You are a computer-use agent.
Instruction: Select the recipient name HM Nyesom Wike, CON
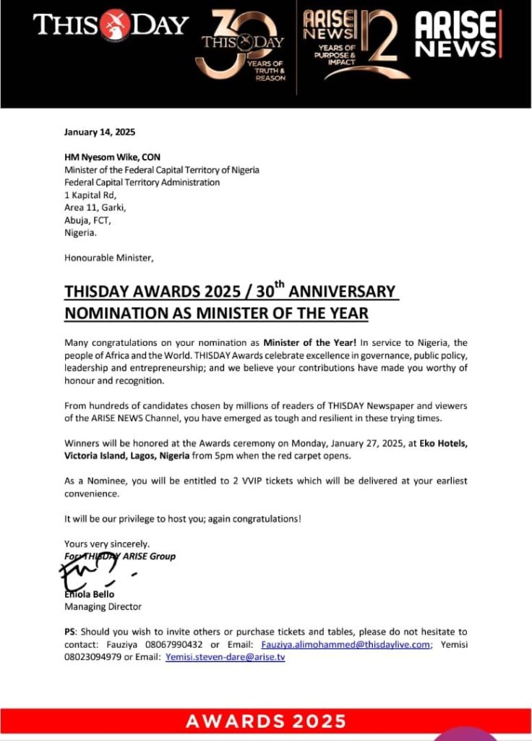point(113,157)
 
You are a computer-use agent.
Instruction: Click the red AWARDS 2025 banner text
point(265,721)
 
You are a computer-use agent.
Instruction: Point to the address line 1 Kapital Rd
point(90,195)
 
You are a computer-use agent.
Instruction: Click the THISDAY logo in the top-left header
point(110,25)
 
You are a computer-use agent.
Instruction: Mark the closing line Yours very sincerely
point(98,543)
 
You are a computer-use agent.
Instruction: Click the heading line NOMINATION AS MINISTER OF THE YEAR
point(216,313)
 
